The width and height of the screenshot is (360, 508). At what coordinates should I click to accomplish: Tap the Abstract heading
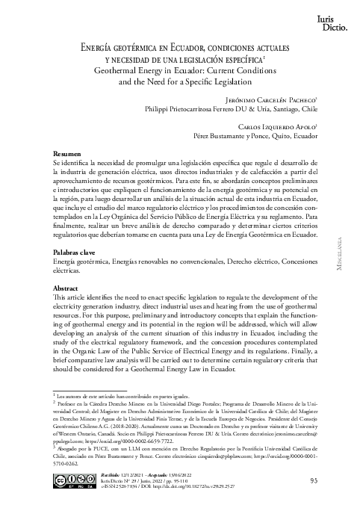point(67,287)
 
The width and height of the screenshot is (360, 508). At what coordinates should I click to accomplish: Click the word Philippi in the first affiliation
point(158,108)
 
